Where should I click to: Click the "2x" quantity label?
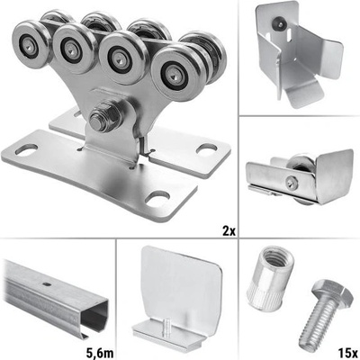tap(229, 231)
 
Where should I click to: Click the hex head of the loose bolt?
tap(333, 291)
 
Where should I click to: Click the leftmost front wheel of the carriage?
tap(30, 44)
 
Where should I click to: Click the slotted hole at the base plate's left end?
tap(26, 149)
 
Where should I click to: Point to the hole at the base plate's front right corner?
tap(157, 198)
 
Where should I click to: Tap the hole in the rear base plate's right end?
tap(207, 148)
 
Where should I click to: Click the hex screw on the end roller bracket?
tap(292, 182)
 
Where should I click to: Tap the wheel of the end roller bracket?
tap(301, 163)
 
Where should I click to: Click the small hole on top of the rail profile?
tap(46, 284)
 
